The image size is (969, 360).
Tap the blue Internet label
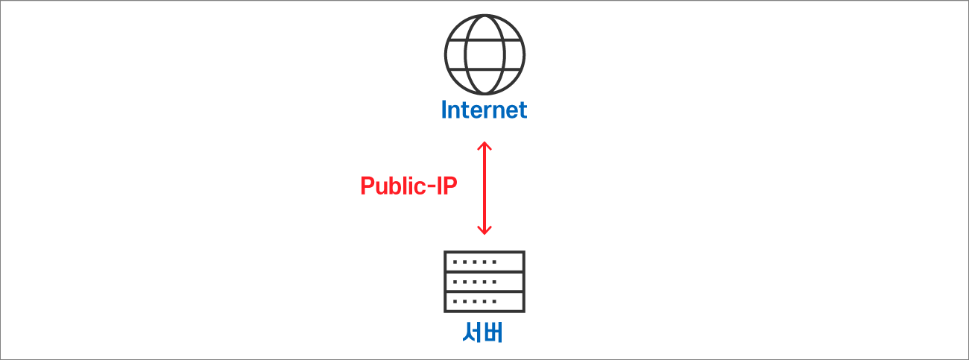(484, 110)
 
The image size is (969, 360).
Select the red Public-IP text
(408, 186)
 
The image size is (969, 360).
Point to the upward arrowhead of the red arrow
(484, 146)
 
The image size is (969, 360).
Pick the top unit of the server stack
(484, 262)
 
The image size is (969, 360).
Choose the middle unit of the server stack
(484, 282)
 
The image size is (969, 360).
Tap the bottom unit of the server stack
(484, 302)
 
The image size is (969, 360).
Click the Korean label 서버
(482, 332)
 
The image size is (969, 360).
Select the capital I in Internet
(444, 110)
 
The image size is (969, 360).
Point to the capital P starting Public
(367, 186)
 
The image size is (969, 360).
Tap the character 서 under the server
(472, 332)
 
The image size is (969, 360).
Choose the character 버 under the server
(493, 332)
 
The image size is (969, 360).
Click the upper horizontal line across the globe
(484, 40)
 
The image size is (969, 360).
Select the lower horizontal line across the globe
(484, 69)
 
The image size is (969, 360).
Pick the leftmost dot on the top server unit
(455, 262)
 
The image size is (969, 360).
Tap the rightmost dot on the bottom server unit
(495, 302)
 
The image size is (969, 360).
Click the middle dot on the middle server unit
(475, 282)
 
